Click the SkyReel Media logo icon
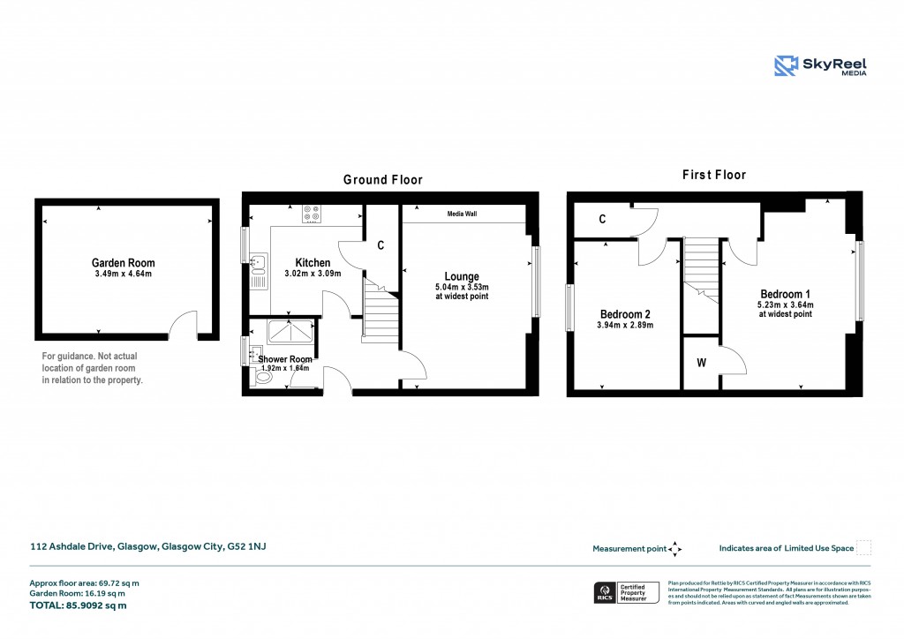(787, 66)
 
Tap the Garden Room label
(123, 263)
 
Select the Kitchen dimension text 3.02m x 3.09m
(308, 274)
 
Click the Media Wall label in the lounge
(462, 214)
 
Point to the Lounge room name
(462, 276)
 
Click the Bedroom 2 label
(625, 314)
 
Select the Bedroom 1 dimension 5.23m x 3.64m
(785, 305)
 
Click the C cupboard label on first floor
(601, 219)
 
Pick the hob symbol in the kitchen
(312, 213)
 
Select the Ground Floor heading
(382, 180)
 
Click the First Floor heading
(713, 175)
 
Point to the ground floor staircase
(380, 313)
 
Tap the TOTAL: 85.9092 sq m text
(78, 605)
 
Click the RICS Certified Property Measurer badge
(625, 592)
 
